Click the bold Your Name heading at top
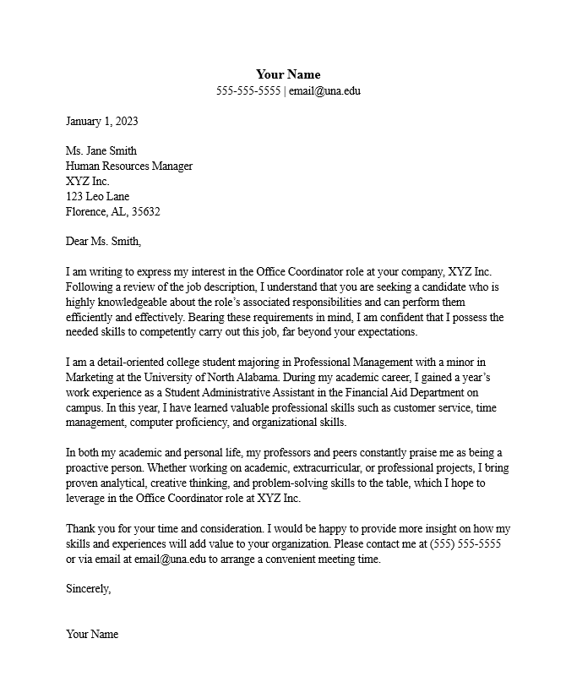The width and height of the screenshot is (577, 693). click(288, 74)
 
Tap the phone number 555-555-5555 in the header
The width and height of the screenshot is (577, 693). click(248, 90)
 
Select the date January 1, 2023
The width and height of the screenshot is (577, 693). click(101, 121)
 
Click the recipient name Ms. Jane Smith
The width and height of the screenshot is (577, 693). click(101, 151)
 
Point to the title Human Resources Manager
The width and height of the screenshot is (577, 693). click(129, 166)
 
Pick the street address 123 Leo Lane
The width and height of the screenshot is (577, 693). click(97, 197)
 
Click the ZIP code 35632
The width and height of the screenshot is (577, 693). click(145, 212)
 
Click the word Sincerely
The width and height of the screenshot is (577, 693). click(88, 589)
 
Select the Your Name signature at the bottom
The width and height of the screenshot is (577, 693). click(92, 635)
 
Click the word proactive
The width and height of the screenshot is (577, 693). click(90, 468)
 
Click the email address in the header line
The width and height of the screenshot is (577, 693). click(324, 90)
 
